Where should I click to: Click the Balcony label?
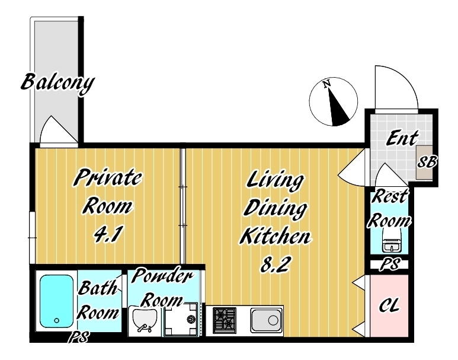57,84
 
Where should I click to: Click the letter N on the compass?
326,84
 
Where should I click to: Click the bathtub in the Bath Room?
56,301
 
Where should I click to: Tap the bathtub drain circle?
57,320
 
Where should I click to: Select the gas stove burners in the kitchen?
225,320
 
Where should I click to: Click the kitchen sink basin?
266,321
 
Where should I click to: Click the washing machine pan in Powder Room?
181,319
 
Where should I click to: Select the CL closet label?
389,305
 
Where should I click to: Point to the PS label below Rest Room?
390,265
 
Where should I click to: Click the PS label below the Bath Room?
79,337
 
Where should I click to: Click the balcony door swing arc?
58,130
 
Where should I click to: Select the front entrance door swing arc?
396,87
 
